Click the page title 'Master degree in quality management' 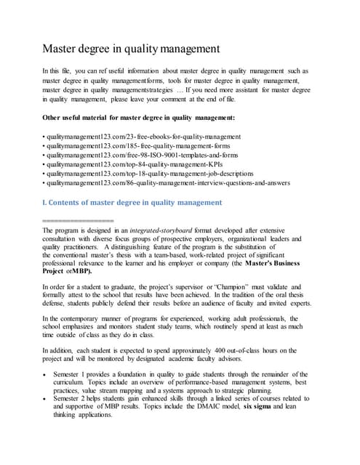[x=132, y=50]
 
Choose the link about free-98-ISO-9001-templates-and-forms [x=141, y=155]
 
